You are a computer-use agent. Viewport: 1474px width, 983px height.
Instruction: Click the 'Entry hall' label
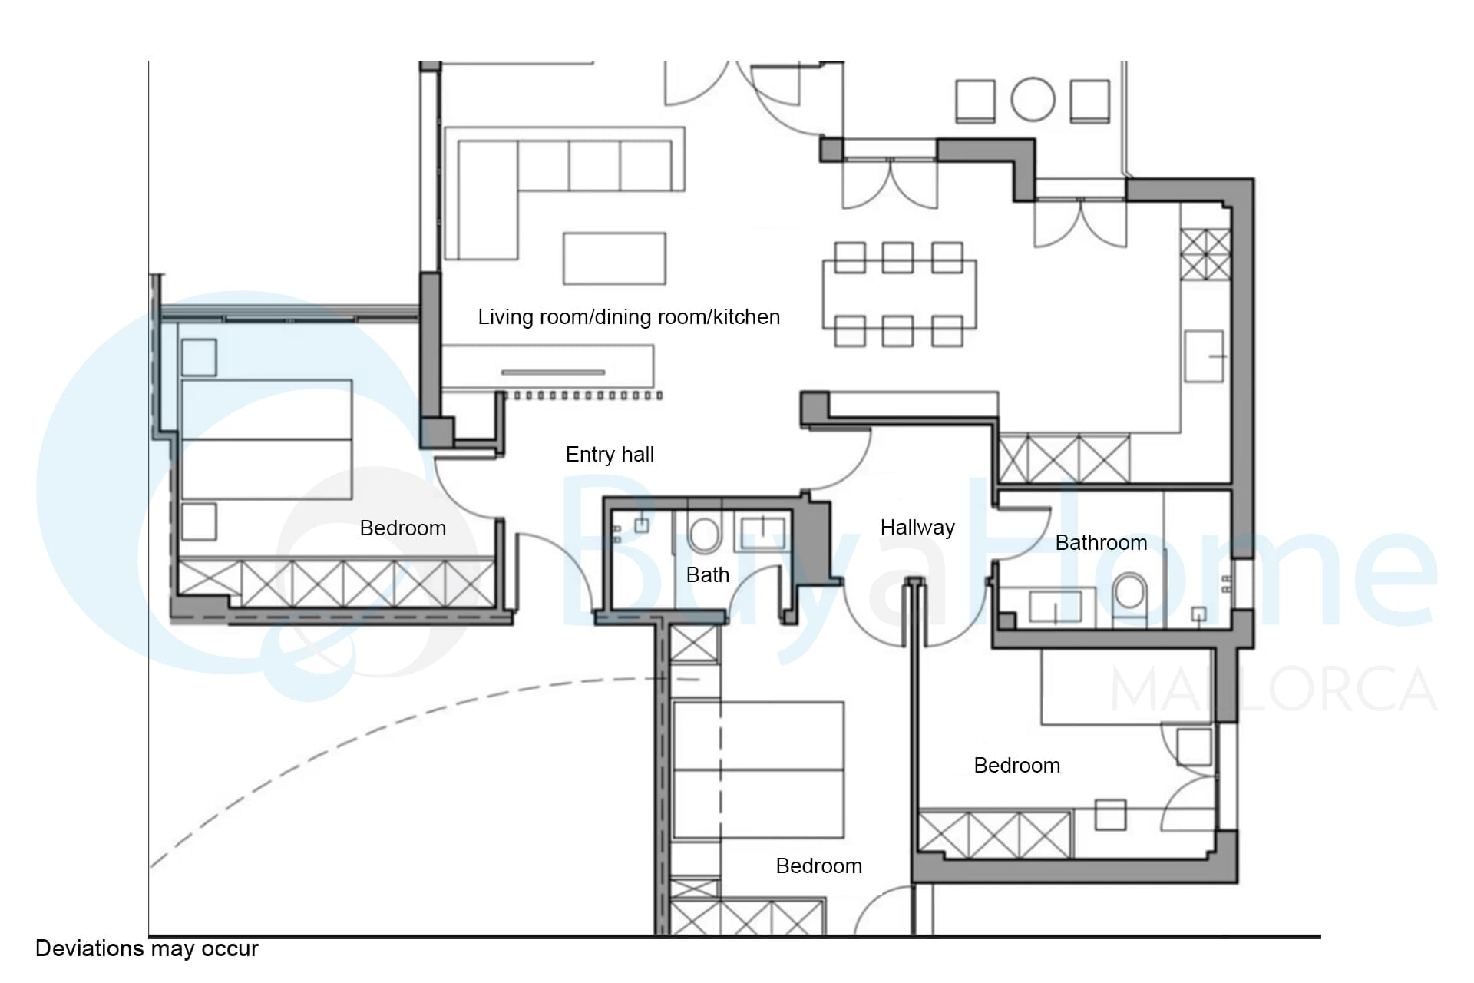pyautogui.click(x=610, y=455)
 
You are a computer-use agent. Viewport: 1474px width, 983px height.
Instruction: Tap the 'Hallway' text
pyautogui.click(x=917, y=528)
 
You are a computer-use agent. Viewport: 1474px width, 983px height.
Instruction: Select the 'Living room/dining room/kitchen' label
pyautogui.click(x=629, y=317)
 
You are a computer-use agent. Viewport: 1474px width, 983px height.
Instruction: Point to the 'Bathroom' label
pyautogui.click(x=1101, y=543)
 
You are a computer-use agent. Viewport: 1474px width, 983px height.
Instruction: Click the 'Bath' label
pyautogui.click(x=708, y=575)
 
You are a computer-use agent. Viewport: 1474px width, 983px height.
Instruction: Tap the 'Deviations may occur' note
pyautogui.click(x=147, y=949)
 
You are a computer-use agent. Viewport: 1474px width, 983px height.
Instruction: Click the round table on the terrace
pyautogui.click(x=1033, y=99)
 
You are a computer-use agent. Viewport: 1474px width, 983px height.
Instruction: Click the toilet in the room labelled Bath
pyautogui.click(x=703, y=534)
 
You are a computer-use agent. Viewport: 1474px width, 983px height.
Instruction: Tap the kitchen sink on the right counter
pyautogui.click(x=1204, y=356)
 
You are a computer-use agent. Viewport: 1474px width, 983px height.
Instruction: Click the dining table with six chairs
pyautogui.click(x=899, y=294)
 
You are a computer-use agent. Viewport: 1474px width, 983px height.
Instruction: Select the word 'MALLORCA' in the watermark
pyautogui.click(x=1274, y=689)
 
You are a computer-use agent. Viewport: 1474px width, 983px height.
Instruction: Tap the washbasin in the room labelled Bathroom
pyautogui.click(x=1055, y=605)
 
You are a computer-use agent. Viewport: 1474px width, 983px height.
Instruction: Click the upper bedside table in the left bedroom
pyautogui.click(x=199, y=358)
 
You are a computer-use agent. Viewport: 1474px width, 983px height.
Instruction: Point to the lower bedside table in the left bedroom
pyautogui.click(x=199, y=521)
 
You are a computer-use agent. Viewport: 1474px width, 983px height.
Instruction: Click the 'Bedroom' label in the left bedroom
pyautogui.click(x=403, y=528)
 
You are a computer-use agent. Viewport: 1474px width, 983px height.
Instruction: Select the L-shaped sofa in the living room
pyautogui.click(x=564, y=194)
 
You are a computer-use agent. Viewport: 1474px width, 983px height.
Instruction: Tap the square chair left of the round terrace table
pyautogui.click(x=975, y=101)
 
